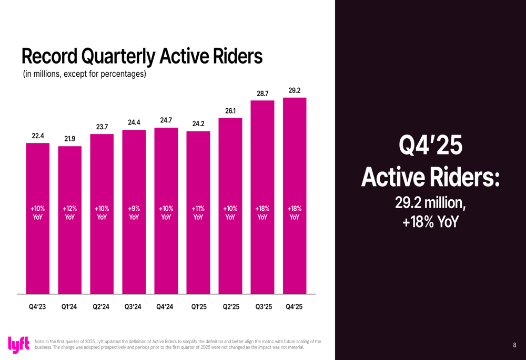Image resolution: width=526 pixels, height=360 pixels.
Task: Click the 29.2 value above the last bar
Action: [295, 91]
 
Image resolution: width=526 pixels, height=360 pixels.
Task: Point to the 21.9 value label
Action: [69, 139]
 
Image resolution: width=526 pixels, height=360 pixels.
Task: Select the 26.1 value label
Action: [230, 111]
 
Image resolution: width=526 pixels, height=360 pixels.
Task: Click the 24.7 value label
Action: [166, 120]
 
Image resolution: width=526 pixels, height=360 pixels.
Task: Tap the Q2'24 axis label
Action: [101, 307]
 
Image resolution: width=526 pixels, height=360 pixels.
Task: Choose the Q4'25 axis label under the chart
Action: [294, 307]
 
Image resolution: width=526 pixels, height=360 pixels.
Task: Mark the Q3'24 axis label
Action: [134, 307]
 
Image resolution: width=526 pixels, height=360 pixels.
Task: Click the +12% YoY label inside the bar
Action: [69, 212]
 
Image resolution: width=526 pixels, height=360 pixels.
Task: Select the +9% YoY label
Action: [134, 212]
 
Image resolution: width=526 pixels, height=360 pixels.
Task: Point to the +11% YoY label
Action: [198, 212]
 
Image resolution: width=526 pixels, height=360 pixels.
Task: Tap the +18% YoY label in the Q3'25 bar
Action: [262, 212]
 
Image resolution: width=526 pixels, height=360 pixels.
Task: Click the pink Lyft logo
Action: [19, 344]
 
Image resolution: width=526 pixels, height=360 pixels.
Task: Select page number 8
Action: [514, 345]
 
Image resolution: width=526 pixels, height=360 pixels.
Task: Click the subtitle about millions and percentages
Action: [84, 74]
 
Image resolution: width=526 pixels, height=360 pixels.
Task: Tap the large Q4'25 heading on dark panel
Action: [431, 146]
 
